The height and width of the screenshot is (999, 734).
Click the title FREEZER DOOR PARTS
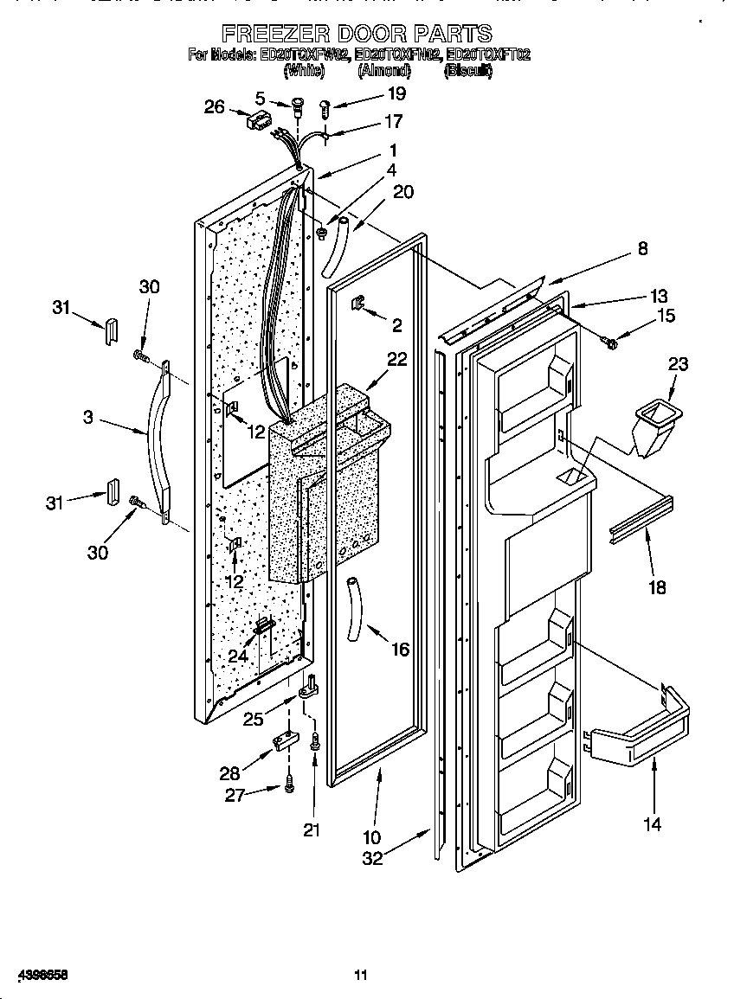click(357, 34)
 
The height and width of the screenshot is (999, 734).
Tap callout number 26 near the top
click(214, 107)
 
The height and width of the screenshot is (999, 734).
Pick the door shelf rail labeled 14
click(640, 736)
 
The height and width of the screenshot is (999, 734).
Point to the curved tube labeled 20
click(336, 247)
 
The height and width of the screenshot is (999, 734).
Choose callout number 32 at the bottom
click(372, 859)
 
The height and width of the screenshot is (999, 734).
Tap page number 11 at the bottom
click(361, 976)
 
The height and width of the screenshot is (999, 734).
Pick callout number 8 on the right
click(641, 249)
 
